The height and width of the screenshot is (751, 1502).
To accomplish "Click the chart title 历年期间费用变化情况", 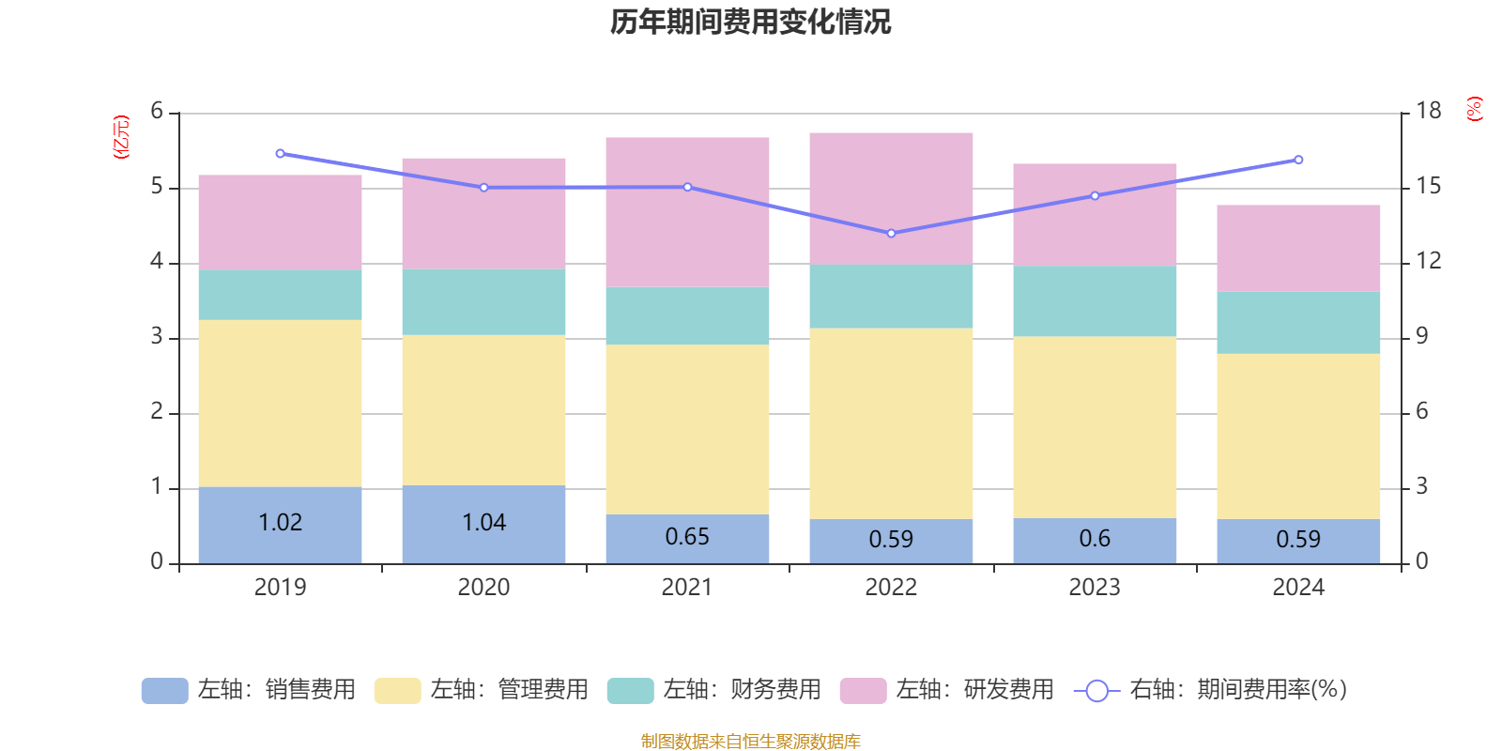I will [x=750, y=22].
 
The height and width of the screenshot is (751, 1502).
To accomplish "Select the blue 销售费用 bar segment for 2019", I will [x=280, y=544].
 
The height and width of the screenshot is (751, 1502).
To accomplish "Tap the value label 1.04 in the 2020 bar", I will [x=483, y=522].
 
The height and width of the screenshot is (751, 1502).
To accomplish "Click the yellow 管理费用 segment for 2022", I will [x=891, y=423].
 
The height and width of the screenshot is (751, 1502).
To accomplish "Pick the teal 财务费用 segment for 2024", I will [x=1298, y=322].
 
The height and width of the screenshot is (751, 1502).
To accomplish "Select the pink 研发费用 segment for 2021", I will [x=687, y=212].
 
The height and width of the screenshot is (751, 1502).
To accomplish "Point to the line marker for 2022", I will [x=891, y=233].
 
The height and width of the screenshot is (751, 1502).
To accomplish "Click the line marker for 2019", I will [x=280, y=153].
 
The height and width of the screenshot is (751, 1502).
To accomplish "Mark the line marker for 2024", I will [x=1298, y=160].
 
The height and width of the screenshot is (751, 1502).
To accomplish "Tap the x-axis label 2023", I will [x=1095, y=588].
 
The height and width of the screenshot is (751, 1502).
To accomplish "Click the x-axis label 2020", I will [x=483, y=588].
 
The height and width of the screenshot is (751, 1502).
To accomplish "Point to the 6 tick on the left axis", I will [x=157, y=112].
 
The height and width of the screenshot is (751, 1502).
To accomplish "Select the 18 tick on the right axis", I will [x=1429, y=112].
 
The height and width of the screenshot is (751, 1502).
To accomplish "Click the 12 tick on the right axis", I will [x=1429, y=262].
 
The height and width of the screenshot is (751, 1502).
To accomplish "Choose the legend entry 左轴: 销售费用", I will [x=249, y=690].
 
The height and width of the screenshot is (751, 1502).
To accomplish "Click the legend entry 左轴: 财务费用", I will [x=714, y=690].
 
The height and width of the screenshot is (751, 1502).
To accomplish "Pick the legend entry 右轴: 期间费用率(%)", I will [x=1210, y=690].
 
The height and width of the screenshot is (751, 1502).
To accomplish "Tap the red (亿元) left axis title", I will [x=120, y=137].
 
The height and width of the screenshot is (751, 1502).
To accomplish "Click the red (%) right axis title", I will [x=1475, y=109].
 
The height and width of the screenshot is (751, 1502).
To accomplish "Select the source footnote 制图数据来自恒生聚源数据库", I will [x=750, y=742].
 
